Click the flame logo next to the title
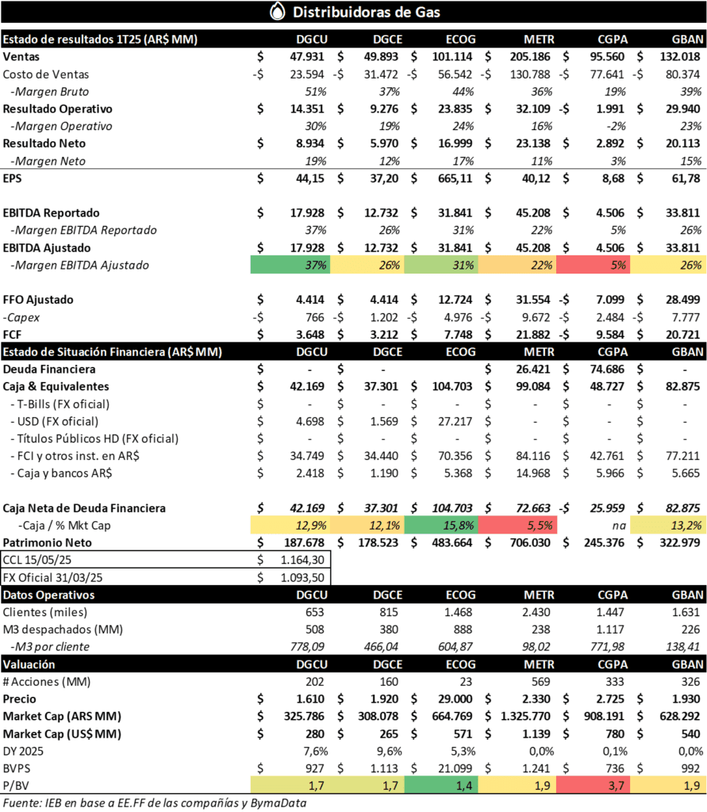[277, 12]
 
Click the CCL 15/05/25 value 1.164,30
[302, 559]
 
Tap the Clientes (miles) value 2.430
[540, 611]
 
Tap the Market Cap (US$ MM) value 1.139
[538, 733]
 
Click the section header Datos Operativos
[49, 594]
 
